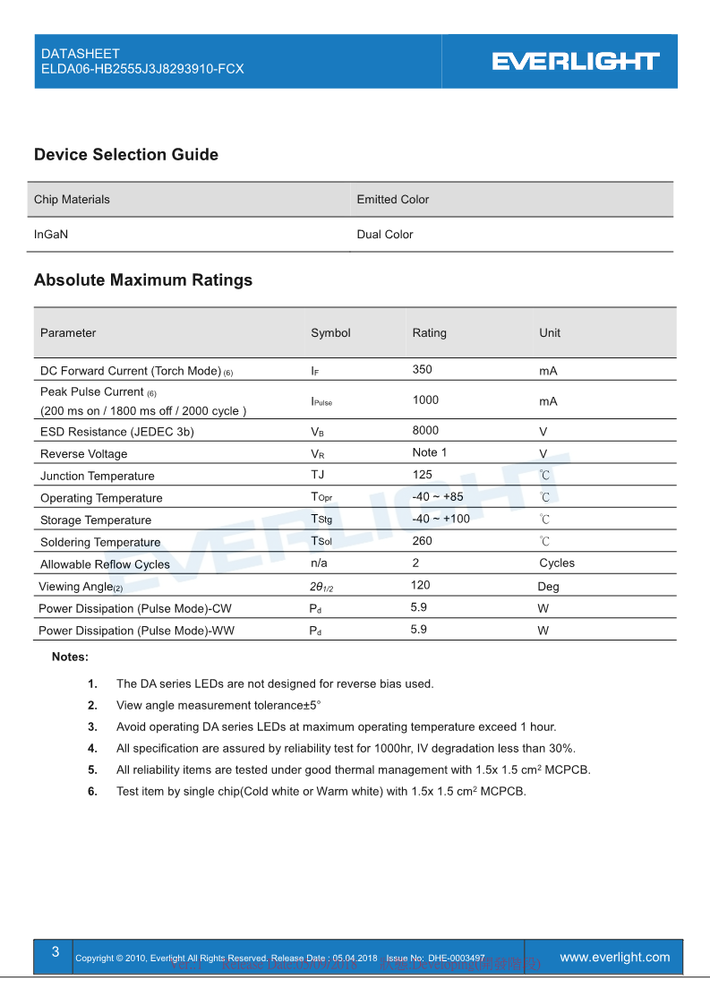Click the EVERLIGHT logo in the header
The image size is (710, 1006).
[576, 61]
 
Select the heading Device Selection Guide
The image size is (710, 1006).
[126, 155]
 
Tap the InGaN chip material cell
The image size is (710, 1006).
[51, 235]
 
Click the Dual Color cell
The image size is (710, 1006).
[385, 235]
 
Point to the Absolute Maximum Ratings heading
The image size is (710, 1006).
[143, 280]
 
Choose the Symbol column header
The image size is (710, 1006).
[330, 333]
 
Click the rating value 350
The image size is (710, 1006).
[422, 369]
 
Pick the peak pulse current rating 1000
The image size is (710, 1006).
[425, 400]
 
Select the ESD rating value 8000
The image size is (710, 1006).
[425, 430]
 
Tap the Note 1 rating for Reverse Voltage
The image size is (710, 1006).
[430, 452]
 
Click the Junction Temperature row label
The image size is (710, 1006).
[97, 477]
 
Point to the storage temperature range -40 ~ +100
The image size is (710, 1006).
[441, 519]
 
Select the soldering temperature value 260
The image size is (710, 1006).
[422, 541]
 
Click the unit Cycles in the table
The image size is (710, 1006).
[557, 563]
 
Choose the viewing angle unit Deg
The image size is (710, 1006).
[548, 587]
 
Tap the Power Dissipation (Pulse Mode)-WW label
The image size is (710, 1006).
[135, 631]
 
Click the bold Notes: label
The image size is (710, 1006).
[70, 657]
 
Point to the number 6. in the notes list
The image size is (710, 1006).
[92, 791]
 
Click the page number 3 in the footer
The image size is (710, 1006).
[56, 952]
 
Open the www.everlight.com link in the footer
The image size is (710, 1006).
[614, 958]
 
